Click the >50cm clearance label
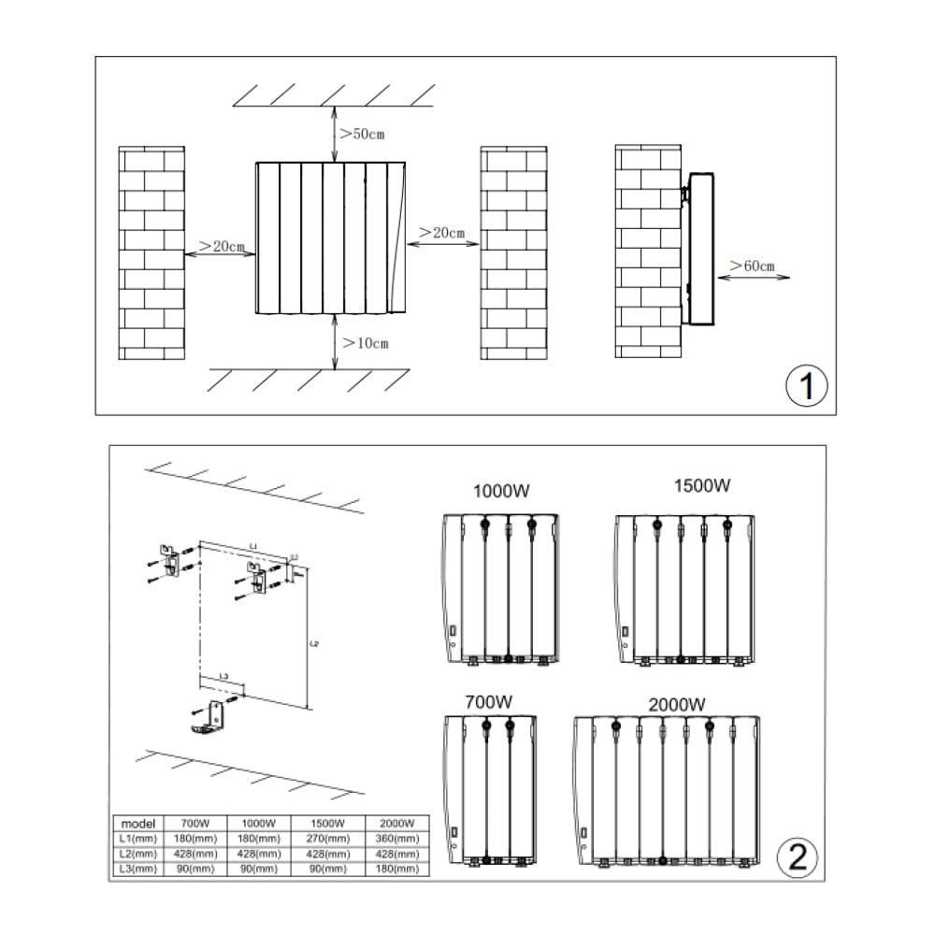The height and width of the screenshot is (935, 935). [x=362, y=135]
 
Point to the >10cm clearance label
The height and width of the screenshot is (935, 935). [x=365, y=343]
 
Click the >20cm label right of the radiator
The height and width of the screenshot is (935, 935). [x=442, y=232]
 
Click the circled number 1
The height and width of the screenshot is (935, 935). [x=806, y=385]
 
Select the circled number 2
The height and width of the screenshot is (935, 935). [x=798, y=856]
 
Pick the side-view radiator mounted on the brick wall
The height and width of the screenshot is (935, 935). [x=700, y=249]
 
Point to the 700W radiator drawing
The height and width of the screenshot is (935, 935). [x=491, y=787]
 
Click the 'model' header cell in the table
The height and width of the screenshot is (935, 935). [x=137, y=824]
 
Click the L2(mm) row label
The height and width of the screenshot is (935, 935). [x=137, y=854]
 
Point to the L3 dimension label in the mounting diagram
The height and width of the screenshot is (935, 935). [x=223, y=676]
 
